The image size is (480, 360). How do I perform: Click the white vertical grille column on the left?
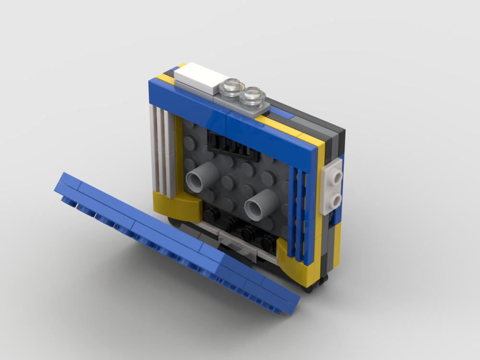161,151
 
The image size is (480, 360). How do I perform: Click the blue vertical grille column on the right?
298,211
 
